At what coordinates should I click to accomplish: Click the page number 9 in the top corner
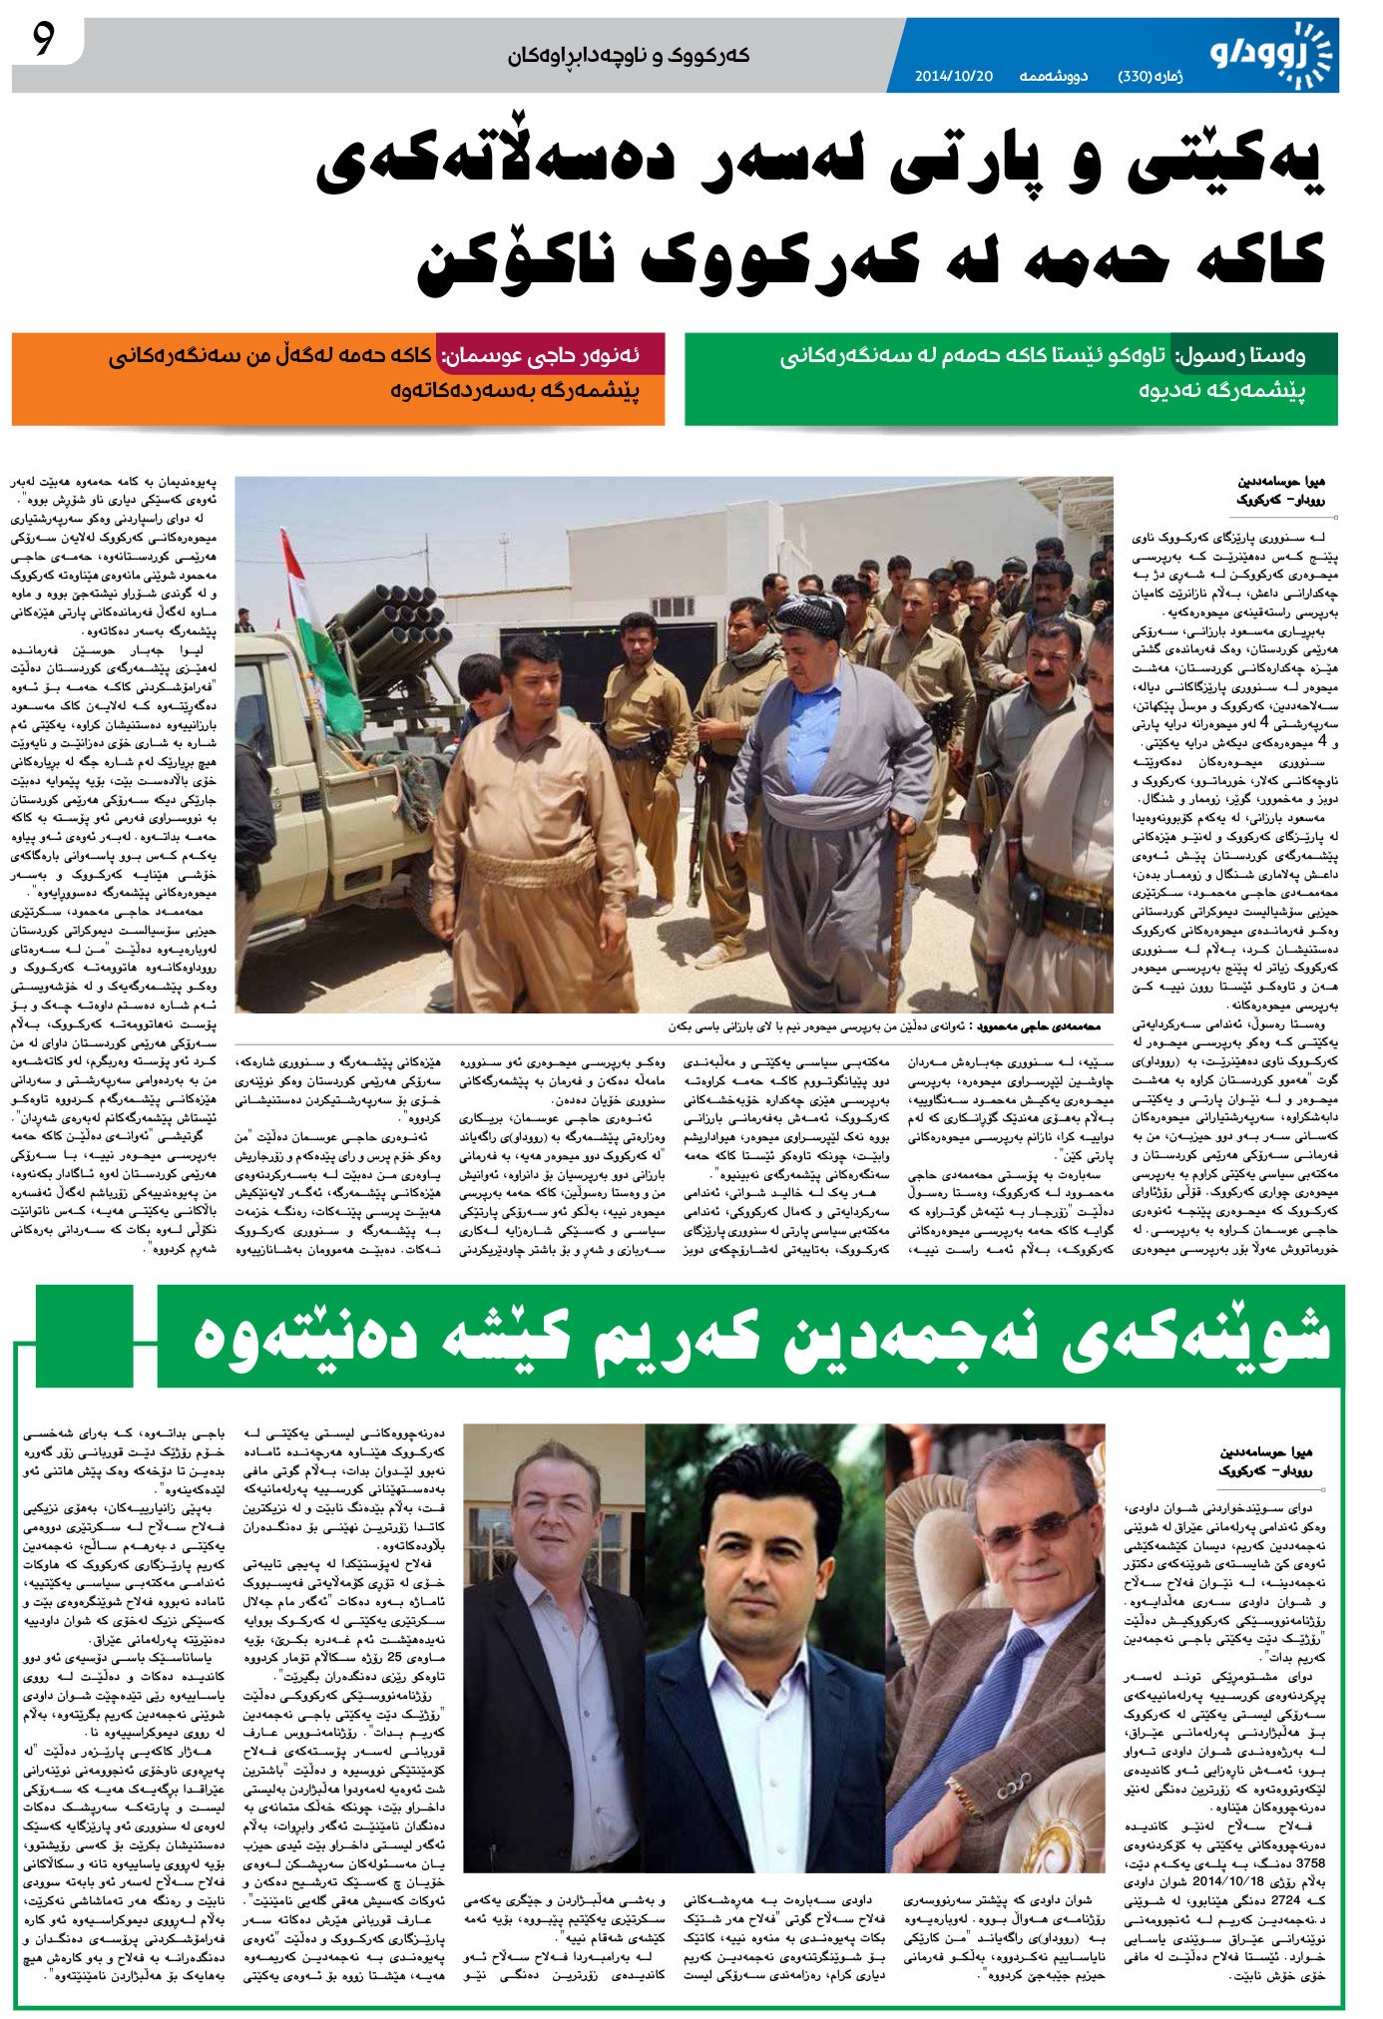tap(43, 42)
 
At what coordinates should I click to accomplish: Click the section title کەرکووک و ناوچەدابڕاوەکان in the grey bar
tap(628, 56)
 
